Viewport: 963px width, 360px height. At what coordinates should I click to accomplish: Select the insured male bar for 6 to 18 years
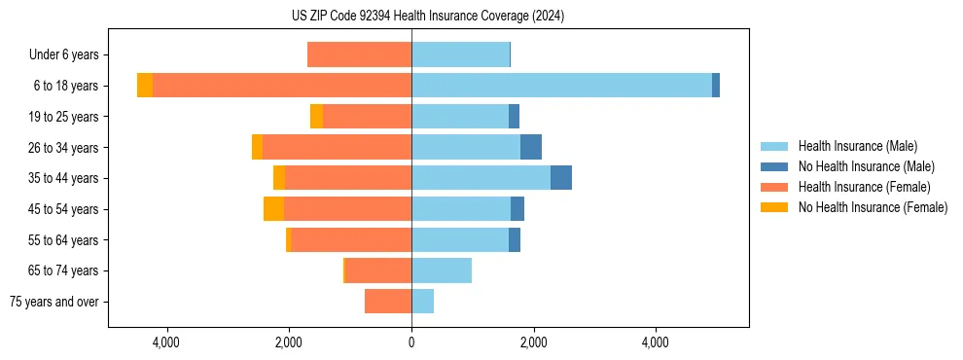point(561,86)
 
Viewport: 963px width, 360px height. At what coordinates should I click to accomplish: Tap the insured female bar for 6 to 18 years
point(282,86)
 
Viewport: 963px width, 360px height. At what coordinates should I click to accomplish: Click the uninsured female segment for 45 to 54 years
point(273,209)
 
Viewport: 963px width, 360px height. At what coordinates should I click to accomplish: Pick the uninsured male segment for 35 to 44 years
point(561,178)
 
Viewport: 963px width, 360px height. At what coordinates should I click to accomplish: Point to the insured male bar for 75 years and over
point(422,302)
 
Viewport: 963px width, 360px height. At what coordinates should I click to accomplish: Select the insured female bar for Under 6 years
point(359,54)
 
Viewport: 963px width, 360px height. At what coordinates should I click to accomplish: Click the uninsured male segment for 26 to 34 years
point(531,147)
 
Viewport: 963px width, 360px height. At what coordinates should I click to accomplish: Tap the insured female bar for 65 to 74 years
point(378,270)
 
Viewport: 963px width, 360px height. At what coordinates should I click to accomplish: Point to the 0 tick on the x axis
point(411,342)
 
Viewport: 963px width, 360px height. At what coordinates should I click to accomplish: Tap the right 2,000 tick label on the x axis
point(533,342)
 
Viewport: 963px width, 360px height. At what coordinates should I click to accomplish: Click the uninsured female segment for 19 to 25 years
point(316,117)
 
